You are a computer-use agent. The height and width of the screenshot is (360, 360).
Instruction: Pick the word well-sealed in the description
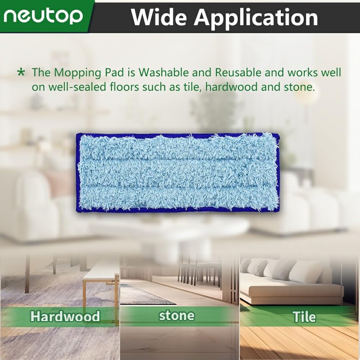pos(72,87)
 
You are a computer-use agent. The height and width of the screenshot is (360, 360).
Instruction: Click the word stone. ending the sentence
pos(299,87)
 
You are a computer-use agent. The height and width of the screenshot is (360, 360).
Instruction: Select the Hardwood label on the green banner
pos(65,316)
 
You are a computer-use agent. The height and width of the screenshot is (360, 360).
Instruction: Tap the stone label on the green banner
pos(176,315)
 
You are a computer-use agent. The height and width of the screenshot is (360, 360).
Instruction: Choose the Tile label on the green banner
pos(304,316)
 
